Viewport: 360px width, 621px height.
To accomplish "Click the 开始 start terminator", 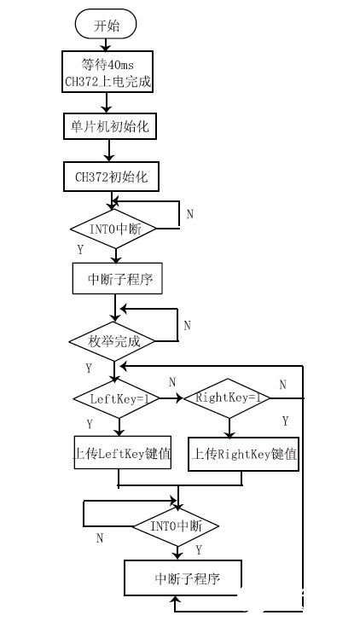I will [106, 25].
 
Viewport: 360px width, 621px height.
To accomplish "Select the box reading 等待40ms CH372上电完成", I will [106, 72].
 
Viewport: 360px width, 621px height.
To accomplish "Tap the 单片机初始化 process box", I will [107, 125].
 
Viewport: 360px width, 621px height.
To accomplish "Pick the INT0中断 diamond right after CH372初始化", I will [111, 229].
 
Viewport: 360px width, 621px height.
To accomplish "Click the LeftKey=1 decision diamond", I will [114, 398].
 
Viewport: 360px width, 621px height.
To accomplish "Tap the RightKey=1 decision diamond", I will [227, 398].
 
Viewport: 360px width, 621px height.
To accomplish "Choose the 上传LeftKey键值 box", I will [119, 454].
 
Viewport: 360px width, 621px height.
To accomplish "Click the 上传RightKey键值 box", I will [243, 455].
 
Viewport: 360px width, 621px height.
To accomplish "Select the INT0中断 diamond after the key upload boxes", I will [176, 525].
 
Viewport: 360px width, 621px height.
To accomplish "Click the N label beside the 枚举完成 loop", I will [187, 325].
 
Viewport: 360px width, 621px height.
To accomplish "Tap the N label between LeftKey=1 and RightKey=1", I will [172, 381].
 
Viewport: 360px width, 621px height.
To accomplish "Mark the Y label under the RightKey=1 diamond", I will [285, 421].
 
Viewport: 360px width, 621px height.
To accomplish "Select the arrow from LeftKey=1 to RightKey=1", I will [169, 398].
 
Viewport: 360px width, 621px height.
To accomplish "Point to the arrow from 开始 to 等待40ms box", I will [106, 44].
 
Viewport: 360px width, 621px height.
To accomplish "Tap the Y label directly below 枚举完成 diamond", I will [89, 369].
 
